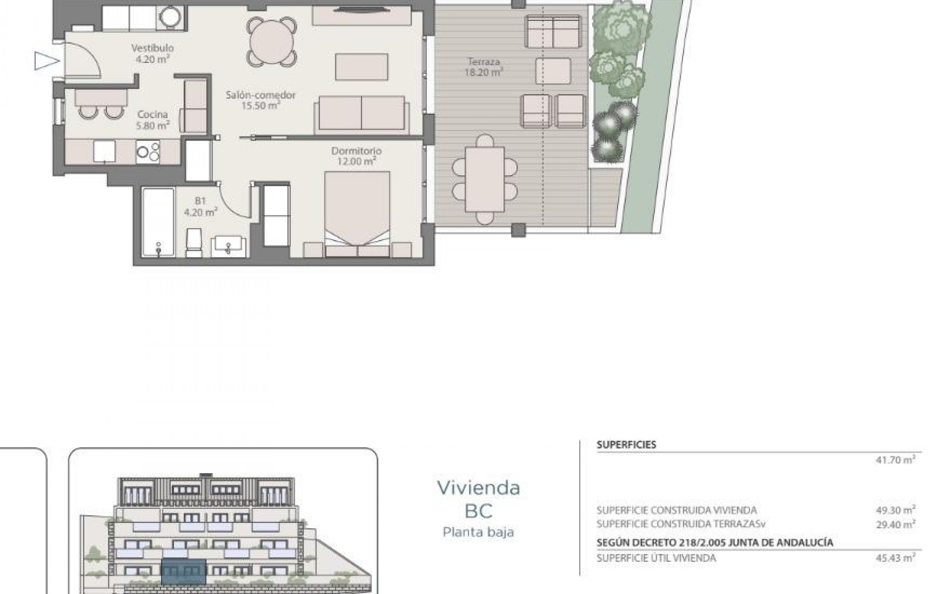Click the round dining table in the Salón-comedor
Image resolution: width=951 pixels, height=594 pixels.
[273, 42]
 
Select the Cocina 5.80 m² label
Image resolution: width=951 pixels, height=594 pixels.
[153, 120]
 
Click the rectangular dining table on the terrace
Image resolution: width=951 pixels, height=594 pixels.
[484, 179]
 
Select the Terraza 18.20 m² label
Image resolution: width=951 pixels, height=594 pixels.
[483, 67]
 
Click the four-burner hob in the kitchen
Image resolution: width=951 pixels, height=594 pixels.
[148, 152]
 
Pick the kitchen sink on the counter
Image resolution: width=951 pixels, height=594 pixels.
[104, 151]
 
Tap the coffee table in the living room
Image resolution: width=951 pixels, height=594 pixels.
[362, 67]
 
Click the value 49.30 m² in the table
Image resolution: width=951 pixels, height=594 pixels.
[895, 510]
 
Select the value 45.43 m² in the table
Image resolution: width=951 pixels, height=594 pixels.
[895, 558]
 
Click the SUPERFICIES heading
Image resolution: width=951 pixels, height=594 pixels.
[626, 445]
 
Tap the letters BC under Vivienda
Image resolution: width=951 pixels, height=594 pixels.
[478, 511]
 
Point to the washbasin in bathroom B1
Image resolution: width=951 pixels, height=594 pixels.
[228, 246]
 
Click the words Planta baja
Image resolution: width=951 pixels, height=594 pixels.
[478, 532]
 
